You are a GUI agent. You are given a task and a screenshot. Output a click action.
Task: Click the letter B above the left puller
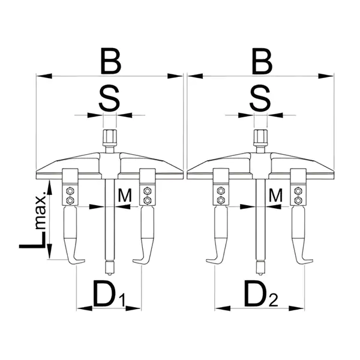[x=111, y=61]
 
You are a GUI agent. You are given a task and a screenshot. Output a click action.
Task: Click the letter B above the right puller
[x=262, y=61]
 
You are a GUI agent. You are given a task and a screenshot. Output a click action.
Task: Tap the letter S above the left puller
[x=110, y=98]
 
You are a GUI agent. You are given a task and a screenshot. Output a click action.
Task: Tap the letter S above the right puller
[x=260, y=98]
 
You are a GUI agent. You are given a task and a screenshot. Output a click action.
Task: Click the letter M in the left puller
[x=125, y=195]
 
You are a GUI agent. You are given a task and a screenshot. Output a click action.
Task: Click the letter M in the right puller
[x=275, y=195]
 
